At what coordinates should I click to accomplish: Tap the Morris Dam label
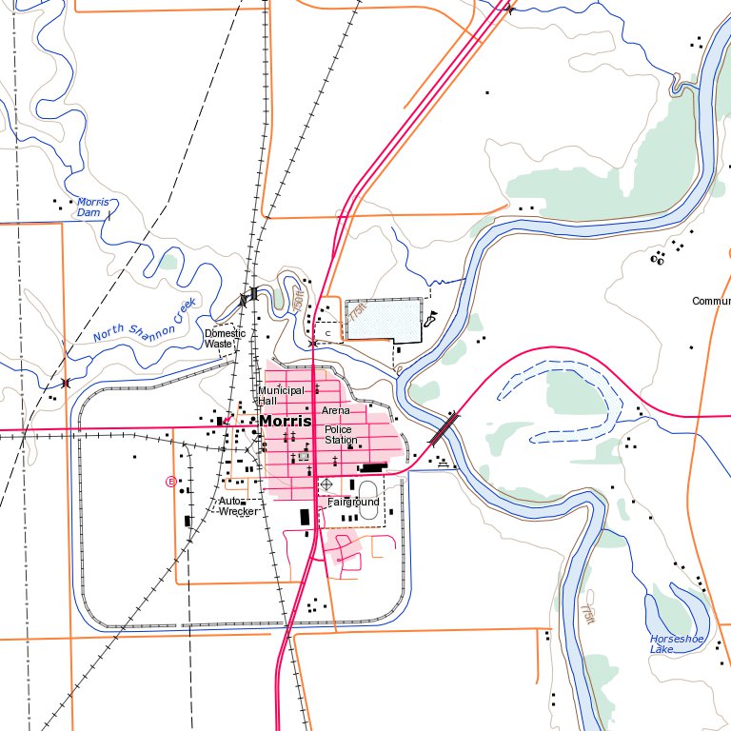(x=91, y=207)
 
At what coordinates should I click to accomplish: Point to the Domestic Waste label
(x=225, y=338)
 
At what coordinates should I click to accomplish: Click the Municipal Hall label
(x=280, y=395)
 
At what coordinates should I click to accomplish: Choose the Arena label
(x=336, y=410)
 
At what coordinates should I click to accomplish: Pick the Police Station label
(x=340, y=435)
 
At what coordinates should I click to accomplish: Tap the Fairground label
(x=353, y=502)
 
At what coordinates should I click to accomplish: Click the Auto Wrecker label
(x=237, y=505)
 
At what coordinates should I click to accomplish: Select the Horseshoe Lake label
(x=675, y=643)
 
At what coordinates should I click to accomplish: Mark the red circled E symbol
(x=171, y=481)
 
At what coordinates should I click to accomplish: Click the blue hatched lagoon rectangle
(x=384, y=319)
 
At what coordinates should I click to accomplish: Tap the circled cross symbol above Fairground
(x=327, y=485)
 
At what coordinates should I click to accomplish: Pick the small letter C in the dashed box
(x=327, y=332)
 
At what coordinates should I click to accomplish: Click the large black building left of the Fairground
(x=306, y=517)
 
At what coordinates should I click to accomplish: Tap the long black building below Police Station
(x=368, y=467)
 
